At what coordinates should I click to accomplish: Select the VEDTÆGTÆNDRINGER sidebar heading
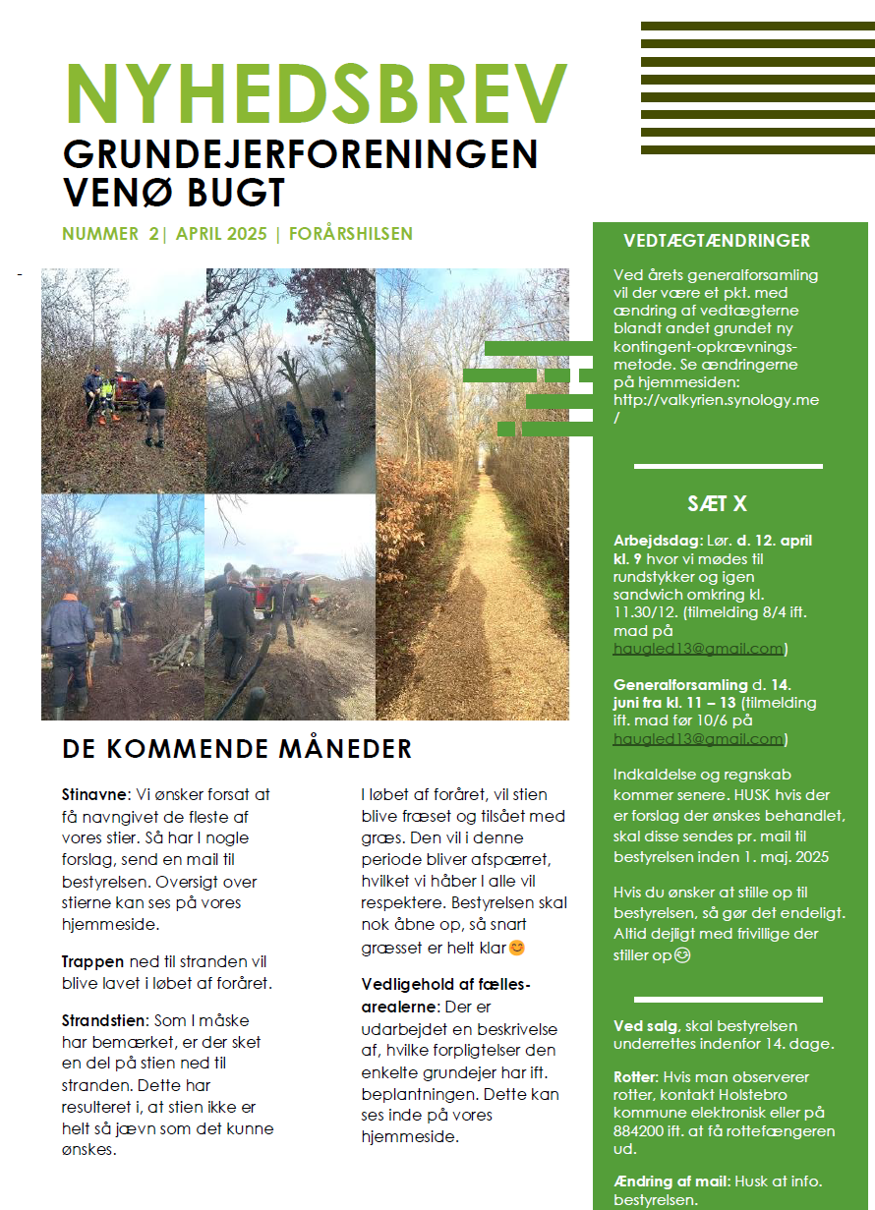pyautogui.click(x=717, y=241)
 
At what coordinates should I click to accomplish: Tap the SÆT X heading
pyautogui.click(x=717, y=504)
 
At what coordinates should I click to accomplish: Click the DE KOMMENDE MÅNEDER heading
pyautogui.click(x=237, y=749)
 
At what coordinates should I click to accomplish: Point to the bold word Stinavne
pyautogui.click(x=94, y=794)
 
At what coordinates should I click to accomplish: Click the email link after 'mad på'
pyautogui.click(x=698, y=649)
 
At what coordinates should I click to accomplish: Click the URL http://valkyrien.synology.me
pyautogui.click(x=716, y=400)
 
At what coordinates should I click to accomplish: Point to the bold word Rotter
pyautogui.click(x=635, y=1076)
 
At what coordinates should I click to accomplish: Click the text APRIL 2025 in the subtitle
pyautogui.click(x=221, y=234)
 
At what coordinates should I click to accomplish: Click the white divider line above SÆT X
pyautogui.click(x=728, y=466)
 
